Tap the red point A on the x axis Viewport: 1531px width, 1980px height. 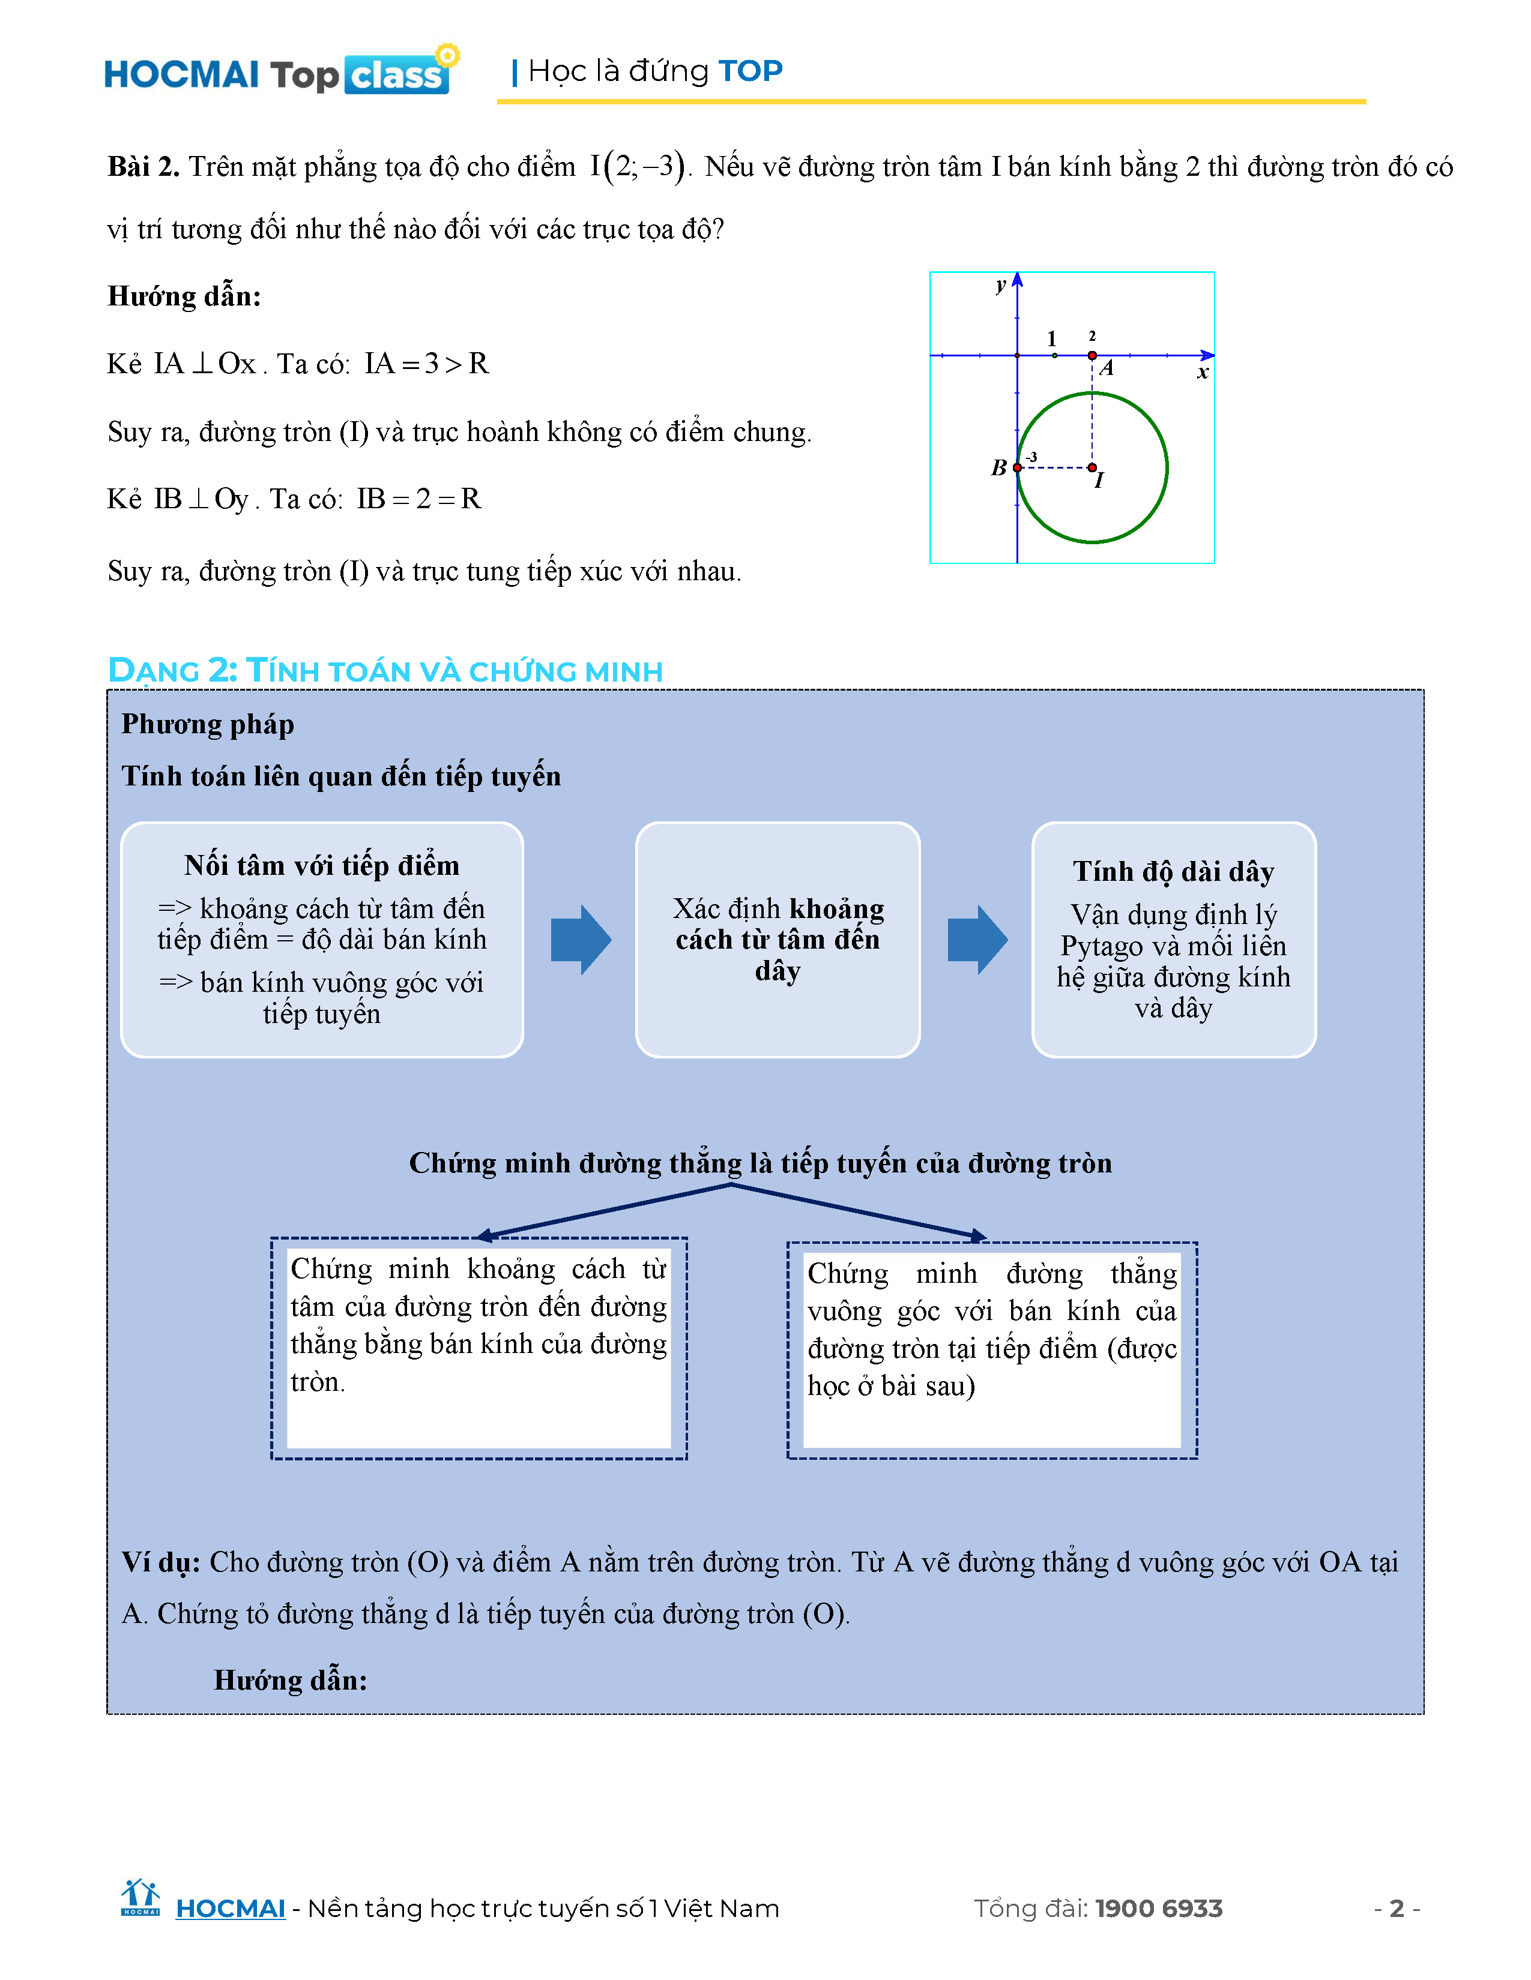1092,355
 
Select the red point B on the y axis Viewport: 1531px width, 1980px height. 1018,468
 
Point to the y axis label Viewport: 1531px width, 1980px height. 1000,286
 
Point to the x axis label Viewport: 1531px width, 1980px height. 1203,372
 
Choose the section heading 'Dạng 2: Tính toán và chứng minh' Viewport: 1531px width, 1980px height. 385,671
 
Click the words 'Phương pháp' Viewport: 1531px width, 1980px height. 208,724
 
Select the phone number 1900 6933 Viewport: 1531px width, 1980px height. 1159,1909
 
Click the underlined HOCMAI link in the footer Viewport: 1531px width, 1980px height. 231,1909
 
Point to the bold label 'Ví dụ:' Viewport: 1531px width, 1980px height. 160,1562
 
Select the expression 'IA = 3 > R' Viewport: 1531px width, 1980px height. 426,364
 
